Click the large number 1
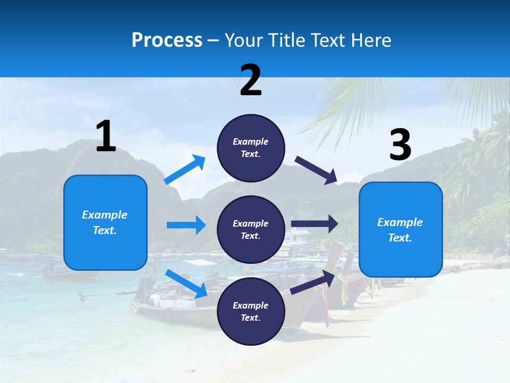[106, 137]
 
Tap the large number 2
[251, 80]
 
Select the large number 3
[401, 145]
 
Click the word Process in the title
[167, 40]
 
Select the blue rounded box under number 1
[105, 222]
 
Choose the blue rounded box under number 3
[401, 229]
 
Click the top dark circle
[251, 148]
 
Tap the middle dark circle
[251, 229]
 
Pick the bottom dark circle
[251, 311]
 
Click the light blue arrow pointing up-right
[185, 170]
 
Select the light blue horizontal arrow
[186, 225]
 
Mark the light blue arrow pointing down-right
[186, 284]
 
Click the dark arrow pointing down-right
[316, 170]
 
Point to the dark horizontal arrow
[314, 224]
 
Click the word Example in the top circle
[251, 141]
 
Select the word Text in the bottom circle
[250, 318]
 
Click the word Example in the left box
[105, 215]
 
